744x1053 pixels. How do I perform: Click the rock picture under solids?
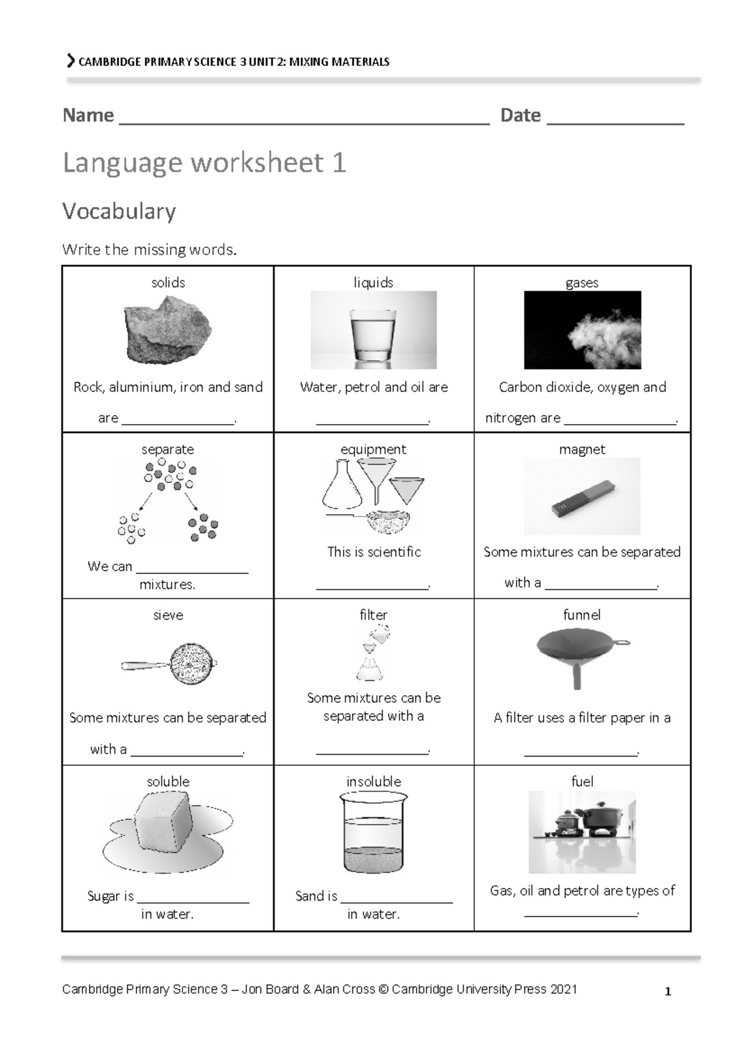pyautogui.click(x=167, y=331)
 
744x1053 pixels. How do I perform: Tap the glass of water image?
pyautogui.click(x=373, y=331)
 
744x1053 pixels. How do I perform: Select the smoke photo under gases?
pyautogui.click(x=582, y=331)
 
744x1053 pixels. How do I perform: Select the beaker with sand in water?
pyautogui.click(x=373, y=834)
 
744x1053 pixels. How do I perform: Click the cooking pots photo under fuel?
pyautogui.click(x=582, y=831)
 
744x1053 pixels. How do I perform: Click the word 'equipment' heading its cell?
pyautogui.click(x=373, y=449)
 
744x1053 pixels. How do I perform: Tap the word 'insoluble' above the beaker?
pyautogui.click(x=373, y=781)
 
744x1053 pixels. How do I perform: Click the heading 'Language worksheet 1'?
pyautogui.click(x=205, y=163)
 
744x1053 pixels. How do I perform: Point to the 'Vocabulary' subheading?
pyautogui.click(x=119, y=211)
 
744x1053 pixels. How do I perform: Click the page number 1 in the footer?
pyautogui.click(x=668, y=992)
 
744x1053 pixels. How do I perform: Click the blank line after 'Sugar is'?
pyautogui.click(x=193, y=898)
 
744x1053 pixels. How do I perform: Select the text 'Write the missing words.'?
pyautogui.click(x=149, y=250)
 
